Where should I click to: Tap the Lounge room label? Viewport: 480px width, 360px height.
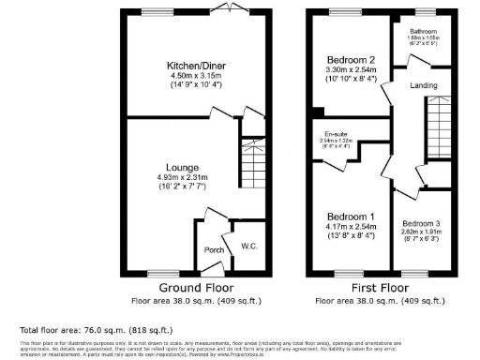pos(182,168)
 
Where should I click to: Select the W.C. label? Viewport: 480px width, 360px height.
pos(248,247)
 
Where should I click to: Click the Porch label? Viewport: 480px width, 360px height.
pos(213,250)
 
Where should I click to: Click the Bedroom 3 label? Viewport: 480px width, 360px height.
pos(421,223)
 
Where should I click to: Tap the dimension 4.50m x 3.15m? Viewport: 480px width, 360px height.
pos(197,76)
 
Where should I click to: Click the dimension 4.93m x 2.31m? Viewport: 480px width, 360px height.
pos(182,178)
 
